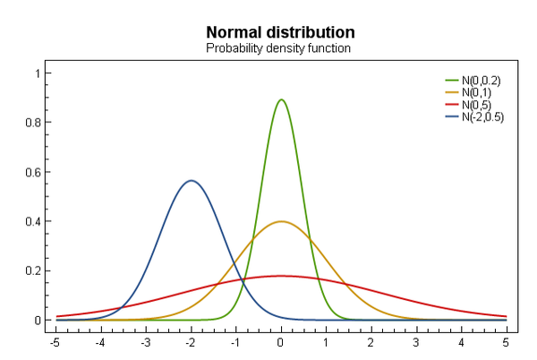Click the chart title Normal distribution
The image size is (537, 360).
click(279, 33)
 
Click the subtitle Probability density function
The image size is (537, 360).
click(279, 47)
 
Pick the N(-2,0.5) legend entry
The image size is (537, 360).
click(482, 116)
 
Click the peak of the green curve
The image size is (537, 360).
click(281, 99)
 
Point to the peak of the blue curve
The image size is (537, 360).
click(191, 181)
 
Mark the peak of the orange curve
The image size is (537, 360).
click(281, 221)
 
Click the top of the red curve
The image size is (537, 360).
click(281, 276)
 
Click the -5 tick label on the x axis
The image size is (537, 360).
click(55, 341)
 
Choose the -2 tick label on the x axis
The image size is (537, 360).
click(190, 341)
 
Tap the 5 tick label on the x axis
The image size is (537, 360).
click(507, 341)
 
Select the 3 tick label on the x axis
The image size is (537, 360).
click(416, 341)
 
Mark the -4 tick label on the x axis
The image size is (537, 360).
click(99, 341)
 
